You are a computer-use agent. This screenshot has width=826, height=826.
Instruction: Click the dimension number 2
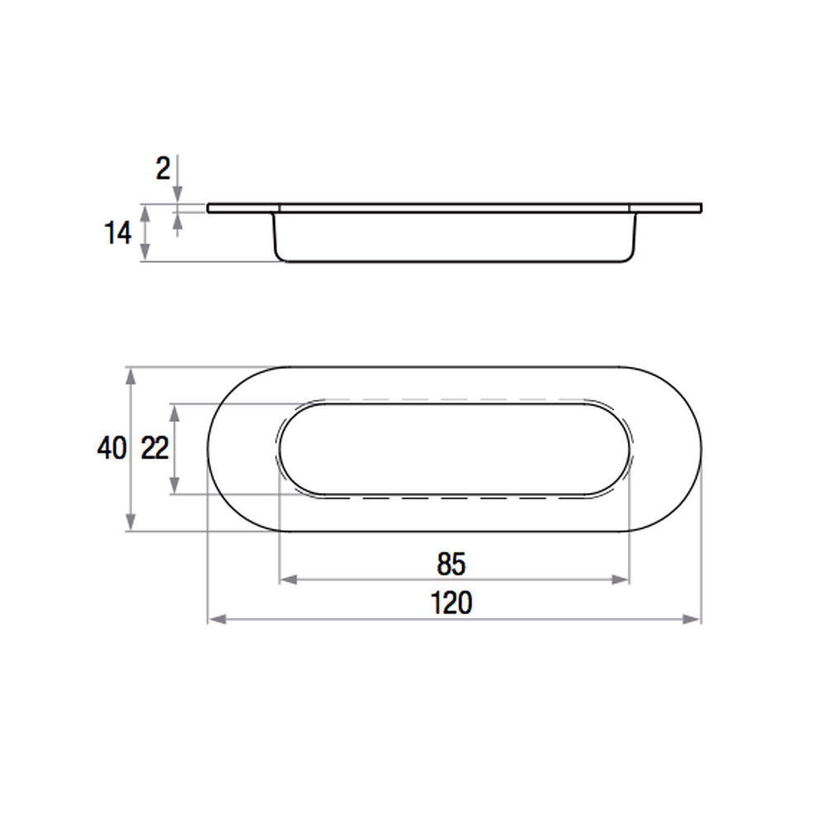pyautogui.click(x=164, y=169)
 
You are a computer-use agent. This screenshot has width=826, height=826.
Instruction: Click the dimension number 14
pyautogui.click(x=117, y=233)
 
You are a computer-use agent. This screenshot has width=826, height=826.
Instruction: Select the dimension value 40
pyautogui.click(x=112, y=449)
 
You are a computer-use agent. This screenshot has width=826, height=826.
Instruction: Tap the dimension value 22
pyautogui.click(x=155, y=449)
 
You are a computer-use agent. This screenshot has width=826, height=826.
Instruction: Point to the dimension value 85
pyautogui.click(x=452, y=563)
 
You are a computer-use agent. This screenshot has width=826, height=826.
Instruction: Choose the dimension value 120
pyautogui.click(x=452, y=603)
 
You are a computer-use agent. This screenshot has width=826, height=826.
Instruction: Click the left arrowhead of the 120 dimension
pyautogui.click(x=217, y=619)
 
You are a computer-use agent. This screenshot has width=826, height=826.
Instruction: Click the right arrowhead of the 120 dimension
pyautogui.click(x=691, y=619)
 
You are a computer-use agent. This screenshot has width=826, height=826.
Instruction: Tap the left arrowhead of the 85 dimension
pyautogui.click(x=288, y=580)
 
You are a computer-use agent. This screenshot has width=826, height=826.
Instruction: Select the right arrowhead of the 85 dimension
pyautogui.click(x=620, y=580)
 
